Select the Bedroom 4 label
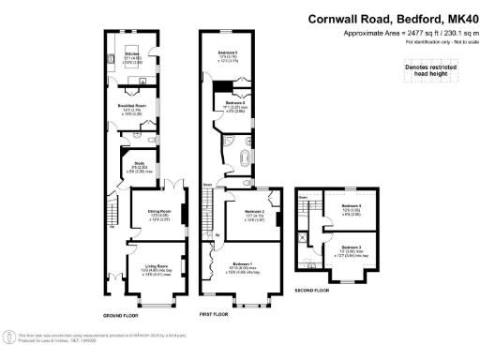tap(351, 206)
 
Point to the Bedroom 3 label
tap(351, 247)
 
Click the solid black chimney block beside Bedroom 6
tap(220, 87)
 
